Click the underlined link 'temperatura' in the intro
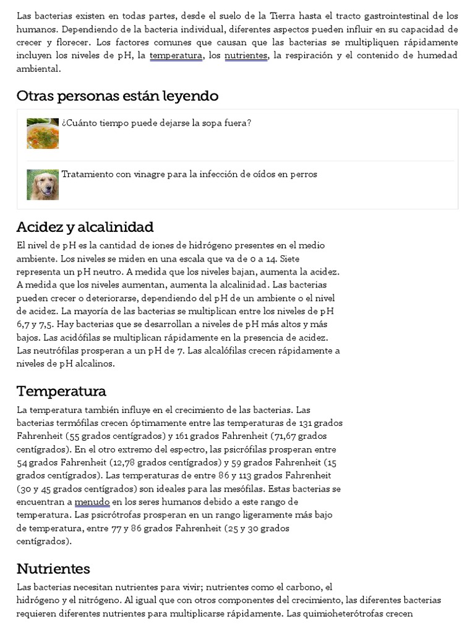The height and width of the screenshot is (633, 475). (176, 56)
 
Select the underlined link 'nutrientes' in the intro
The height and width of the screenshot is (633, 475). (246, 56)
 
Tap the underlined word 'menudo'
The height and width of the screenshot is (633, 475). (92, 501)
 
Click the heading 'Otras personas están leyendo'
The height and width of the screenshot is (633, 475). (118, 96)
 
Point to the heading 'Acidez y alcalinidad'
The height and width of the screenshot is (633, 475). (85, 226)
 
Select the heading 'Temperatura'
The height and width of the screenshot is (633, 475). (61, 391)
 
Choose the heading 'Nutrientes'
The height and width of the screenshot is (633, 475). (53, 569)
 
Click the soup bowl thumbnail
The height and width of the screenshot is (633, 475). (43, 133)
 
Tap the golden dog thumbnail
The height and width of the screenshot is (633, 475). (43, 184)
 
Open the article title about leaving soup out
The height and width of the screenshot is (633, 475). (156, 122)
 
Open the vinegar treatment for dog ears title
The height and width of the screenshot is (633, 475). (189, 174)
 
